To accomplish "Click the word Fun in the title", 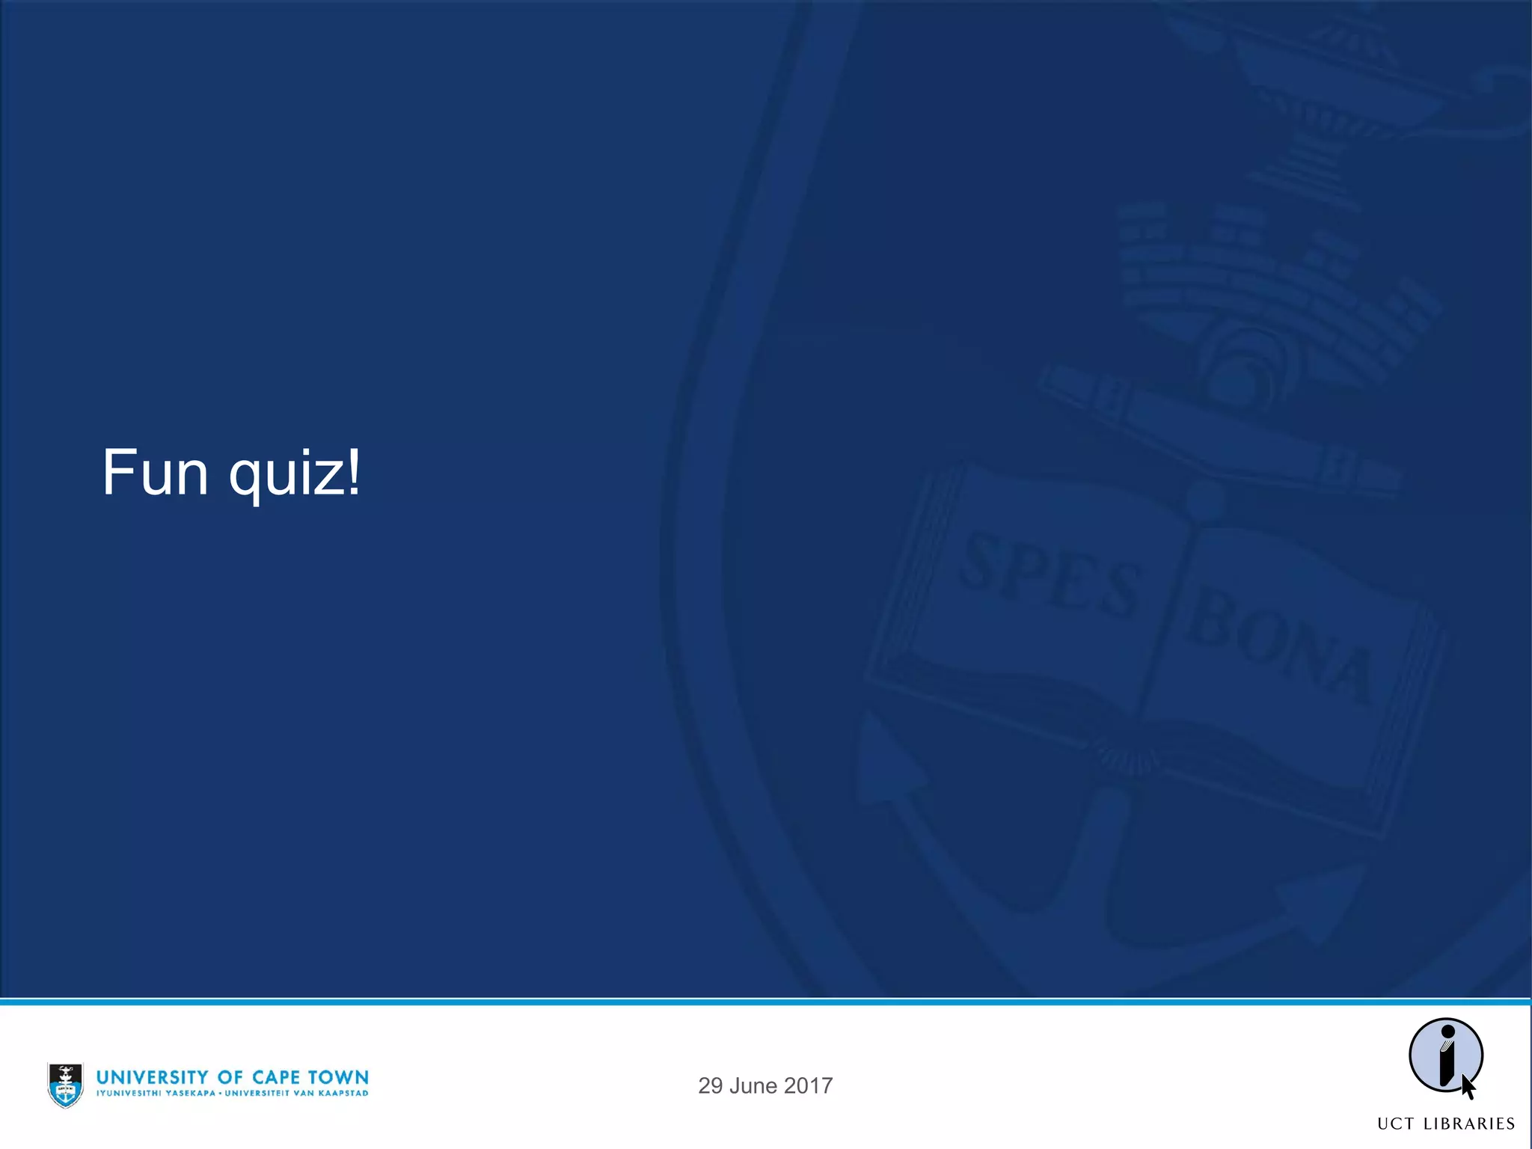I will [155, 473].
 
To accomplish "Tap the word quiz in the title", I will [287, 476].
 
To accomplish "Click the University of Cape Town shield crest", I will [66, 1085].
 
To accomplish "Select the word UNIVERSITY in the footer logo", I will [153, 1077].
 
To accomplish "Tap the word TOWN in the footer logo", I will [339, 1077].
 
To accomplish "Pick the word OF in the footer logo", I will [230, 1077].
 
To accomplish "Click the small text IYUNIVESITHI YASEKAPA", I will [156, 1094].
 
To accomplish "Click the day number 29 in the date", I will [710, 1086].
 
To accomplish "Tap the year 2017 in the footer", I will [809, 1086].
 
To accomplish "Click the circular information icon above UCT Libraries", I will [1445, 1055].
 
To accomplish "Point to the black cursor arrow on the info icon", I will [1468, 1087].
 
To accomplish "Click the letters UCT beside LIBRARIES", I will [1396, 1124].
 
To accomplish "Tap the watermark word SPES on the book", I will [1050, 576].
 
